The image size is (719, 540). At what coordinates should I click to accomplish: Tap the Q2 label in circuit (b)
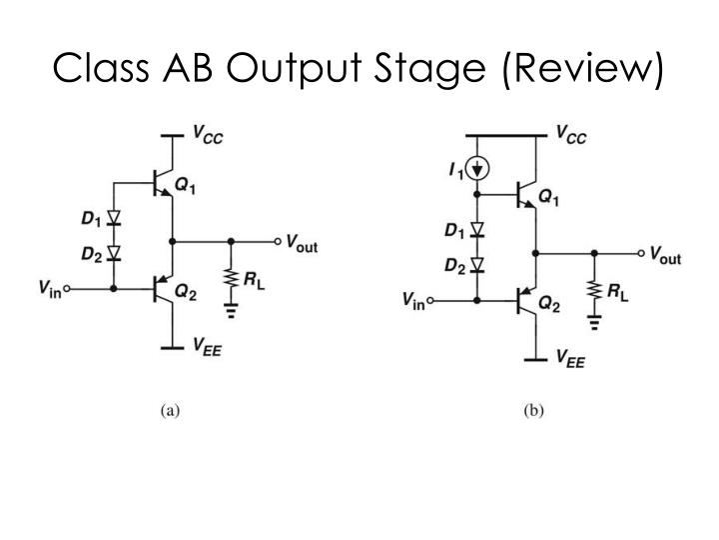tap(549, 302)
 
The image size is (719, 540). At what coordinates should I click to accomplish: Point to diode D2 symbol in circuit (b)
tap(477, 265)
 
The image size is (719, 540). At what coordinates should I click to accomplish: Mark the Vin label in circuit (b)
tap(412, 300)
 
